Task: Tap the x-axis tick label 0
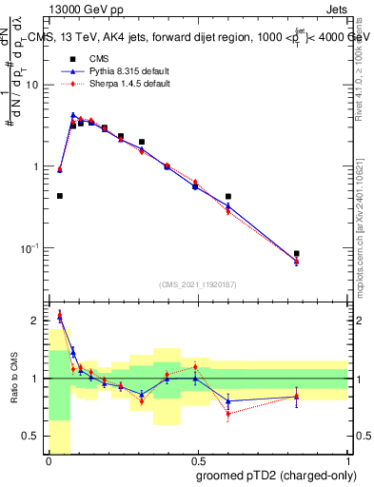[x=49, y=459]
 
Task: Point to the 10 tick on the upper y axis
[x=32, y=85]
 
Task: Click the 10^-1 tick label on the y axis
[x=30, y=248]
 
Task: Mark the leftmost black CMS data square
[x=60, y=196]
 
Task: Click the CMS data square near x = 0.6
[x=228, y=197]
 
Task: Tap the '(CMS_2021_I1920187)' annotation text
[x=196, y=283]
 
